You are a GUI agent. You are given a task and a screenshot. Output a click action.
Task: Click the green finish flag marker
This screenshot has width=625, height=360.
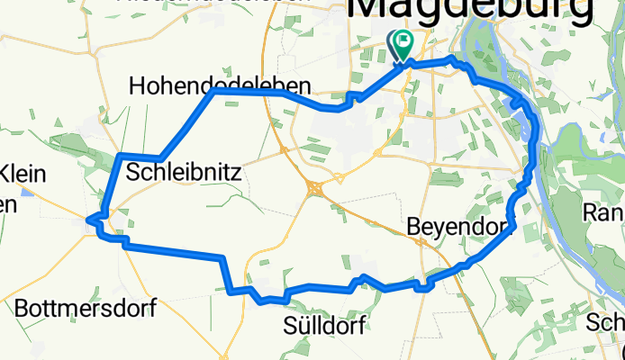tap(402, 41)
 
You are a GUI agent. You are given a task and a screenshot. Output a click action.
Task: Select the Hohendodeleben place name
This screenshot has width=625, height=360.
tap(221, 85)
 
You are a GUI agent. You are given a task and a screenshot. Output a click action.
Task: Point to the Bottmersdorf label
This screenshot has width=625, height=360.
tap(86, 309)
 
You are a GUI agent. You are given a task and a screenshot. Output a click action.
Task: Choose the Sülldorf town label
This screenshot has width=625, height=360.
tap(324, 326)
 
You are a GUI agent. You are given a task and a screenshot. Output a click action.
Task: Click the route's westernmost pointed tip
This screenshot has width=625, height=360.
tap(87, 218)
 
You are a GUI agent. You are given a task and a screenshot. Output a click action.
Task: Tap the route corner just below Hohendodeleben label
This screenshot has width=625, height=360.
tap(213, 93)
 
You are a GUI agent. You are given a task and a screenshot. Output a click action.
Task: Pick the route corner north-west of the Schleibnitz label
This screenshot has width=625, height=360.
tap(120, 157)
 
